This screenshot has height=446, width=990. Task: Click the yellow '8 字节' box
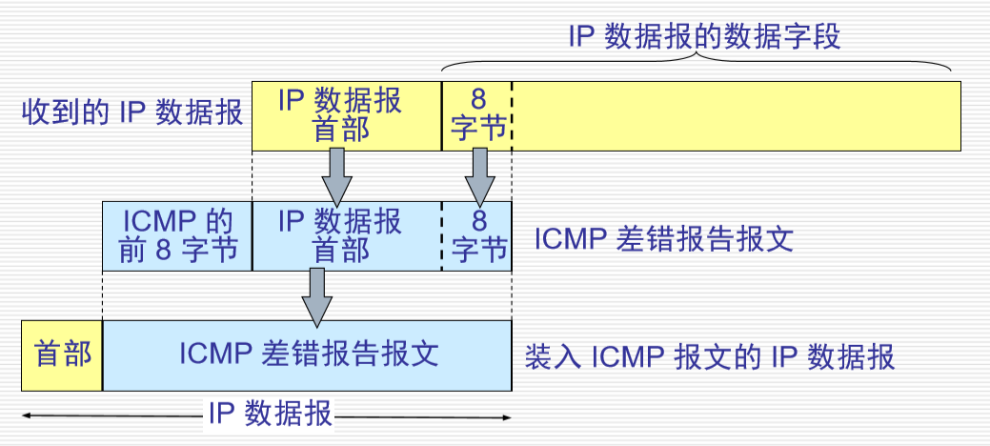click(477, 114)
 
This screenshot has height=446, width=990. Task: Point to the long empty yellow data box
click(736, 115)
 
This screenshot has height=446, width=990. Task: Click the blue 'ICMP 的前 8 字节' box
click(177, 235)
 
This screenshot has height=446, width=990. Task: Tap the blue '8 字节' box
click(477, 235)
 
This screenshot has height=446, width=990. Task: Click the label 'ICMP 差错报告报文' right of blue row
click(664, 238)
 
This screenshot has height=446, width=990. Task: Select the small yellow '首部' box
click(62, 355)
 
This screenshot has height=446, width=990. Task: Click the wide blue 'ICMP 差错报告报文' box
click(307, 355)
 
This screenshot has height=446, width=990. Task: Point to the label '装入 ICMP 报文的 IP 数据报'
click(710, 357)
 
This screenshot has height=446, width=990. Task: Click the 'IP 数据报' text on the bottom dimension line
click(270, 415)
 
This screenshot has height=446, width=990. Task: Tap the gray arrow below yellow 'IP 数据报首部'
click(339, 172)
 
